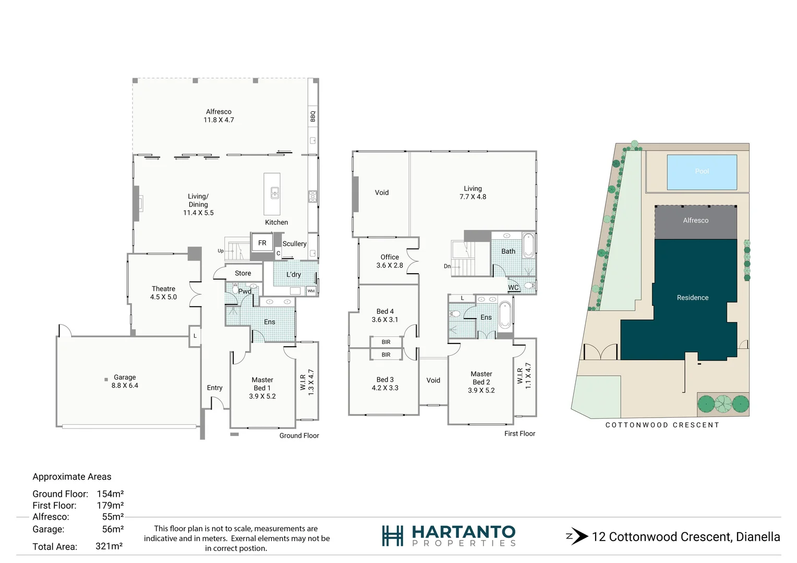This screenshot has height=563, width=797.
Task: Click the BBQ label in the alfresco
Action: tap(313, 116)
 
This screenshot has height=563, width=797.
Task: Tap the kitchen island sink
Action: tap(274, 193)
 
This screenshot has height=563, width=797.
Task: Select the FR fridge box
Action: tap(262, 243)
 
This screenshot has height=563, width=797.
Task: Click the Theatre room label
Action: tap(163, 289)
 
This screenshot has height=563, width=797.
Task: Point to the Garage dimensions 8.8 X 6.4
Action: tap(125, 386)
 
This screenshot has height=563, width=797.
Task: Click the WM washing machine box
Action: tap(311, 291)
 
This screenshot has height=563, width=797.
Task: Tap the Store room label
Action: tap(243, 273)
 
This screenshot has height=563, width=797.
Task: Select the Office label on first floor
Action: tap(390, 257)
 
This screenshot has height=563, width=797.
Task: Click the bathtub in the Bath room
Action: tap(528, 246)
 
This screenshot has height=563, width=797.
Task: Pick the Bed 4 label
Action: tap(385, 311)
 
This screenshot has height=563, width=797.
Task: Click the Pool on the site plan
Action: tap(702, 172)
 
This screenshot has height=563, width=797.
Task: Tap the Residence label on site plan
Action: tap(692, 298)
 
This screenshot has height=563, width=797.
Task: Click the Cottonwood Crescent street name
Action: tap(662, 425)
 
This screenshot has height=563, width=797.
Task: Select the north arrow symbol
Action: tap(577, 536)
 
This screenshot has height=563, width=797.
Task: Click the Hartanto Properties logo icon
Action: tap(392, 535)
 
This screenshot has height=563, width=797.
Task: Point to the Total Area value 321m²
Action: tap(109, 546)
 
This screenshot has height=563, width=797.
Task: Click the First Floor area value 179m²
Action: tap(110, 505)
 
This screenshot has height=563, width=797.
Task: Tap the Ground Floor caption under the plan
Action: tap(299, 436)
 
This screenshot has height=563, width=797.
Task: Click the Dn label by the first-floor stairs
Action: tap(447, 266)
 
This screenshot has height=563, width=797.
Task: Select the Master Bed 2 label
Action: tap(481, 378)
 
